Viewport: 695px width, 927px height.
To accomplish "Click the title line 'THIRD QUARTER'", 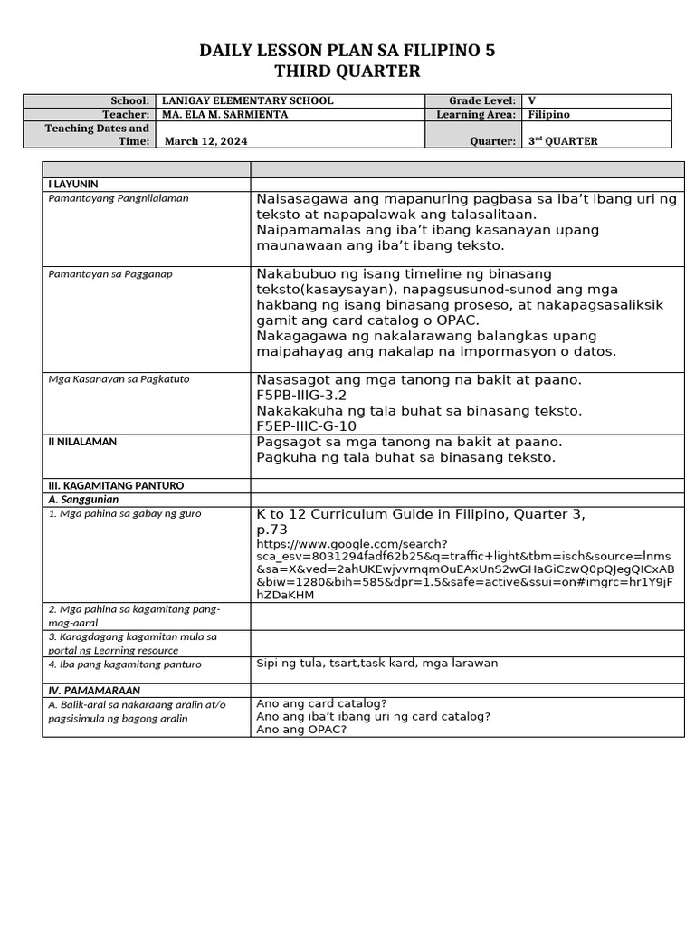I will click(x=347, y=72).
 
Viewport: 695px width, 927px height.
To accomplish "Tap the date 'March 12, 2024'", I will click(x=205, y=141).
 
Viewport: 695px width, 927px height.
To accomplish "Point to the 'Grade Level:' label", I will click(x=482, y=101).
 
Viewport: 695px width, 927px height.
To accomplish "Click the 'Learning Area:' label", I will click(x=476, y=115).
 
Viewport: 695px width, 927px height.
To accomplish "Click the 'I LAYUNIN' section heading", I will click(x=72, y=184).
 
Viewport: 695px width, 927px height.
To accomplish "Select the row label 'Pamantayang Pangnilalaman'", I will click(x=118, y=198).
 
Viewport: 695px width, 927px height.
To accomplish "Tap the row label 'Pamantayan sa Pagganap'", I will click(x=109, y=273).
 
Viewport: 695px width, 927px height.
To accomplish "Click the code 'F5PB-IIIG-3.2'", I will click(x=301, y=396).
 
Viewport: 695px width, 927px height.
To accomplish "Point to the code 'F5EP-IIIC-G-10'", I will click(x=307, y=425).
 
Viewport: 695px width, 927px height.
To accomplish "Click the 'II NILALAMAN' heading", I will click(x=81, y=442).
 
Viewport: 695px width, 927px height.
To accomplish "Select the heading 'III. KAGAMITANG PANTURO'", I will click(x=115, y=486).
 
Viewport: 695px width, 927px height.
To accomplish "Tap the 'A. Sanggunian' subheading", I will click(x=83, y=500).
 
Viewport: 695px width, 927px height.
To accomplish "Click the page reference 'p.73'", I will click(x=272, y=530).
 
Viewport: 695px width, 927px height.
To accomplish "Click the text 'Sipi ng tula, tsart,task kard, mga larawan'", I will click(x=377, y=664).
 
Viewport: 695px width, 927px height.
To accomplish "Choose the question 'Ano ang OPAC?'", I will click(x=301, y=730).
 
